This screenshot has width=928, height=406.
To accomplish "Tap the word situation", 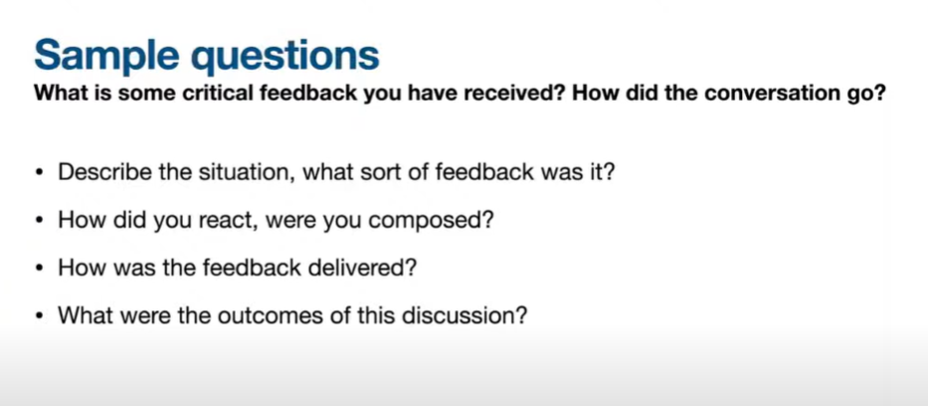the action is [227, 173].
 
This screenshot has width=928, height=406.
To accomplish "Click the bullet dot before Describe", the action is [40, 174].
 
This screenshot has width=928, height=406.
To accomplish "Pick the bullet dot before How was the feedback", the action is [40, 269].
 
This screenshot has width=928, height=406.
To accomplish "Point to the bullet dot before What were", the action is [40, 316].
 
